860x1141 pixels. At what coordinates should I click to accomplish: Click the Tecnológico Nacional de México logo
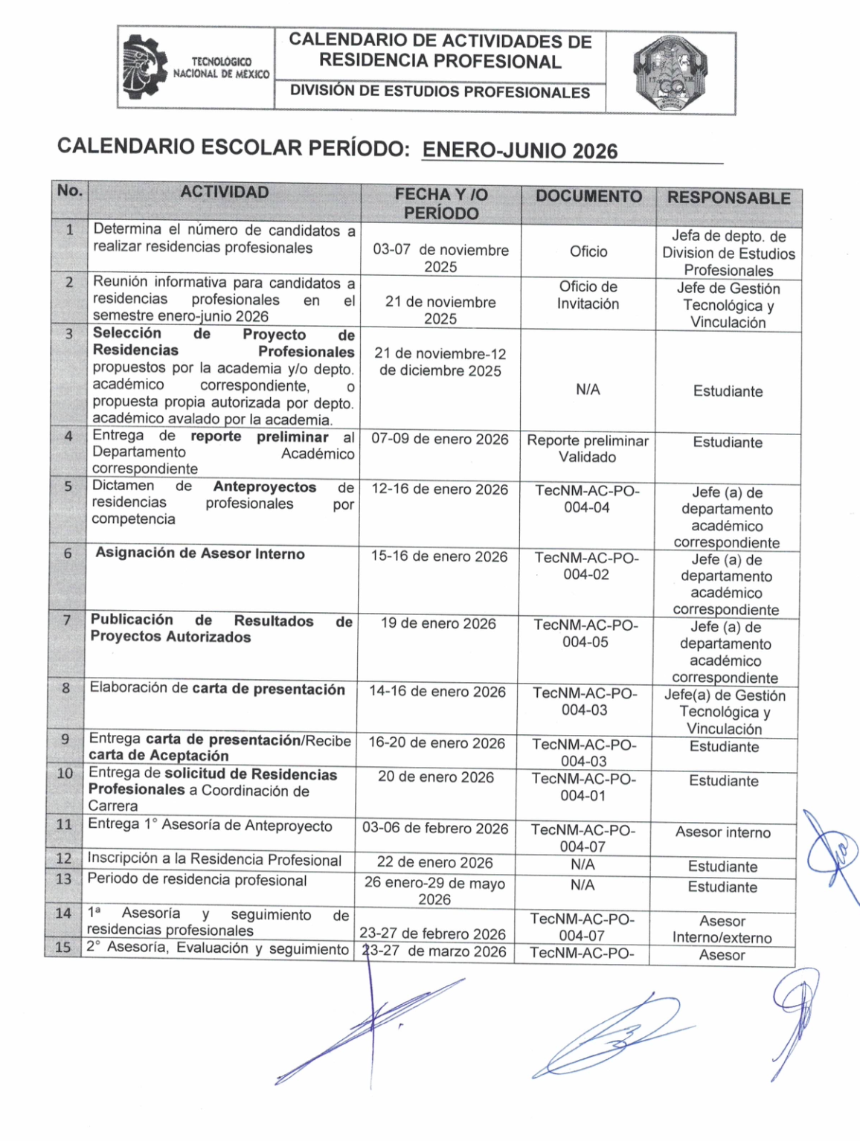click(196, 68)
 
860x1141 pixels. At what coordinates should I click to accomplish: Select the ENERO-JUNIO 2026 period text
click(519, 150)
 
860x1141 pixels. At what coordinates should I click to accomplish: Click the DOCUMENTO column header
click(588, 196)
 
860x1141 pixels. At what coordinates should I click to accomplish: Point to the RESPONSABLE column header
click(728, 198)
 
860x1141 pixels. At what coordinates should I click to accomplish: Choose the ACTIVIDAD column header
click(224, 192)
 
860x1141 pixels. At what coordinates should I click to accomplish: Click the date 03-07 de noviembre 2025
click(440, 258)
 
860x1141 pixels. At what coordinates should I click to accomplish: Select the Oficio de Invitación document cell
click(588, 295)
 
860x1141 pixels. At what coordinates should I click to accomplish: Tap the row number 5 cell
click(68, 486)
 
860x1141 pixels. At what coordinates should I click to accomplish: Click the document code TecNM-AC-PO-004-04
click(587, 499)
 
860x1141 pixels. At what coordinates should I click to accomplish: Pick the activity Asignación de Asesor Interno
click(200, 553)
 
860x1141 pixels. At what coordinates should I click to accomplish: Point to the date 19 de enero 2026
click(438, 623)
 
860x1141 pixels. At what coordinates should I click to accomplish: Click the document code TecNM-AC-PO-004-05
click(585, 633)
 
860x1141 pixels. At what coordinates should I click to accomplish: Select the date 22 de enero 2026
click(434, 863)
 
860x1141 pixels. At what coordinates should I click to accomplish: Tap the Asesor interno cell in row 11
click(722, 832)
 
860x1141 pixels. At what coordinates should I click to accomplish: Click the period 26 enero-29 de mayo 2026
click(434, 891)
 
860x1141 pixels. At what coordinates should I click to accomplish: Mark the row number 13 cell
click(64, 878)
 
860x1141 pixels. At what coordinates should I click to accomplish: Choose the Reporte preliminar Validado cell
click(588, 449)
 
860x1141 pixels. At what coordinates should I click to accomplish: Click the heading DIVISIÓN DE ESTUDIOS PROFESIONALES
click(440, 92)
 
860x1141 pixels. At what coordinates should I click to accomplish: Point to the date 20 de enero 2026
click(435, 777)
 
